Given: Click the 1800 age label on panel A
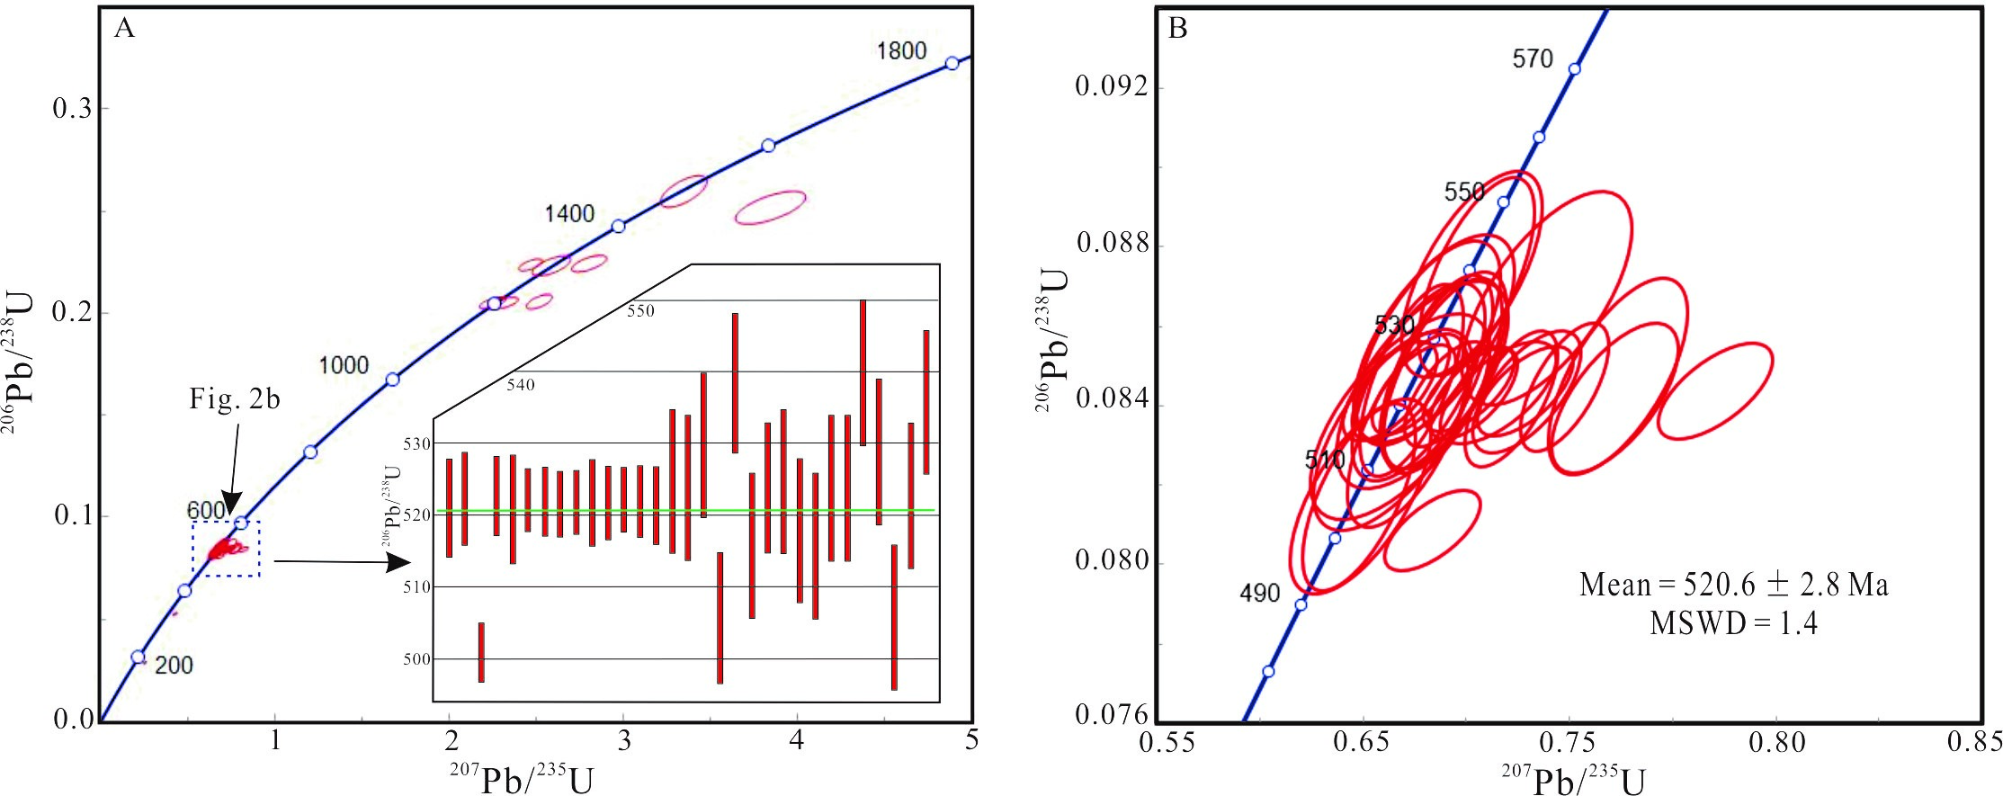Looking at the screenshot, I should pos(901,51).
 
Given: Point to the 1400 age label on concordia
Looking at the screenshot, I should pos(569,213).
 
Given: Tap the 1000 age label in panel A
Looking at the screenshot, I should pos(344,365).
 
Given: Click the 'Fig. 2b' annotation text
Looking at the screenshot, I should pos(235,398).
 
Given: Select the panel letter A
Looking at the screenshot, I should pos(124,29).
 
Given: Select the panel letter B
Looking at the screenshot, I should pos(1177,29).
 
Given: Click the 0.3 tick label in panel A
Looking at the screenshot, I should pos(72,109).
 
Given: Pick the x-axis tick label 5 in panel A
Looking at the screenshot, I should pos(970,740).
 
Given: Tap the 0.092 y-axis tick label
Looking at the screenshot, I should pos(1112,86).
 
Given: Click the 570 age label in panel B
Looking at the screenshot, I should pos(1533,59).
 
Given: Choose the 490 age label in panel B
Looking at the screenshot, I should pos(1259,593).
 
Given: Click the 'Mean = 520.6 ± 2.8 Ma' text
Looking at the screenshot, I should pos(1733,586).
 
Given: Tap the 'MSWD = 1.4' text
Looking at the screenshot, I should pos(1733,623).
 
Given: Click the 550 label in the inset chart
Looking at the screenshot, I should pos(640,311).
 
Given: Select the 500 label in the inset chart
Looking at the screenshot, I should pos(417,659).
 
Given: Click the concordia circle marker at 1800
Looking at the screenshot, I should pos(952,63).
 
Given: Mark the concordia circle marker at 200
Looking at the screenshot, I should pos(138,657).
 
